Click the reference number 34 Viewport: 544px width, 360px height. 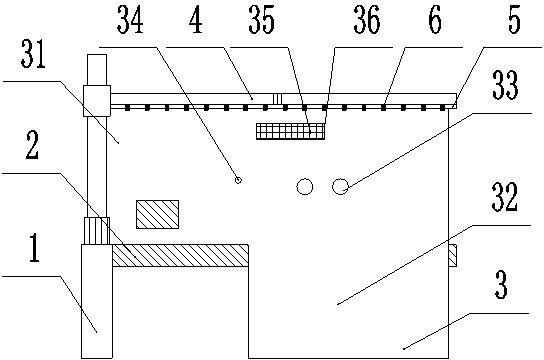coord(130,20)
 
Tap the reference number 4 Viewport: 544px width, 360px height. coord(196,20)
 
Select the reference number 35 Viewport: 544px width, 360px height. coord(262,20)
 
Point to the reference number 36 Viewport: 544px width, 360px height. coord(367,20)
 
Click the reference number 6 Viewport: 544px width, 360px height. coord(435,20)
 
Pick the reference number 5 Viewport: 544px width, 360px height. coord(515,20)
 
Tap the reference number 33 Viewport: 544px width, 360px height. coord(505,85)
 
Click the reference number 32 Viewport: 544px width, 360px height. coord(505,197)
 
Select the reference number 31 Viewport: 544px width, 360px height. coord(33,54)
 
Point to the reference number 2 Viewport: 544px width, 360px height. coord(32,146)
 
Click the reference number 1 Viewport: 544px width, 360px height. coord(34,248)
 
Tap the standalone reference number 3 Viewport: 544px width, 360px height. coord(501,285)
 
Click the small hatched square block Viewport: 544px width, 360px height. coord(158,214)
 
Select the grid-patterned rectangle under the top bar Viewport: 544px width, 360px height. coord(291,131)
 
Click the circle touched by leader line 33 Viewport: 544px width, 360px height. coord(340,187)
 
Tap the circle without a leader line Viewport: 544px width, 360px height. coord(305,187)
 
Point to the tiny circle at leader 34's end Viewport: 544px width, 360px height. coord(238,180)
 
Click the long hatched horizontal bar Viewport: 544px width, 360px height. coord(180,256)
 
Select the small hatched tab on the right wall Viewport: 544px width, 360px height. coord(453,256)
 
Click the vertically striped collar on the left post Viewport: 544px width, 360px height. coord(97,231)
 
